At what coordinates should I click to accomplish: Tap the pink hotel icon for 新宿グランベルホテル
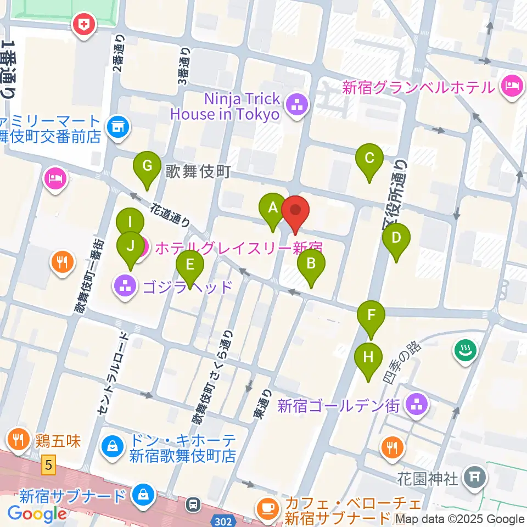click(x=511, y=86)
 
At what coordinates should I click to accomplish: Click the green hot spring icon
click(x=466, y=350)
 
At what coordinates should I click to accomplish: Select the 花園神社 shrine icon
click(x=473, y=479)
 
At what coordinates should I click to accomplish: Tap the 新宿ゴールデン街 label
click(x=338, y=406)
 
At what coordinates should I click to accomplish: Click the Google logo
click(x=37, y=514)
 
